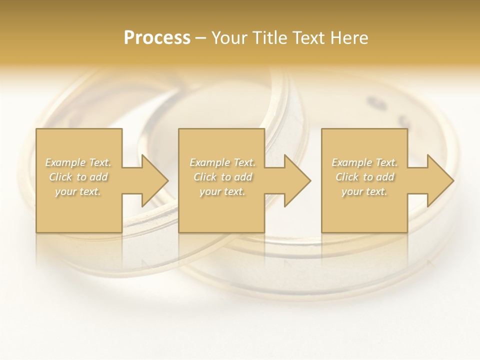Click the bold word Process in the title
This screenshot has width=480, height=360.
[157, 38]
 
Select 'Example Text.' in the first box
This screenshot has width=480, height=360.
[78, 162]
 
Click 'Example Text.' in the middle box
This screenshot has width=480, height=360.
[222, 162]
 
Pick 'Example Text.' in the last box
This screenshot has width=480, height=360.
[364, 162]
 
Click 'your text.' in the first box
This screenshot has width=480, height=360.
[78, 191]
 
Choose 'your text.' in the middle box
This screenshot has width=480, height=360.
[222, 191]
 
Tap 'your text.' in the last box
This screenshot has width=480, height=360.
[364, 191]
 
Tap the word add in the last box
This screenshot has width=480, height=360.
[385, 177]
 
